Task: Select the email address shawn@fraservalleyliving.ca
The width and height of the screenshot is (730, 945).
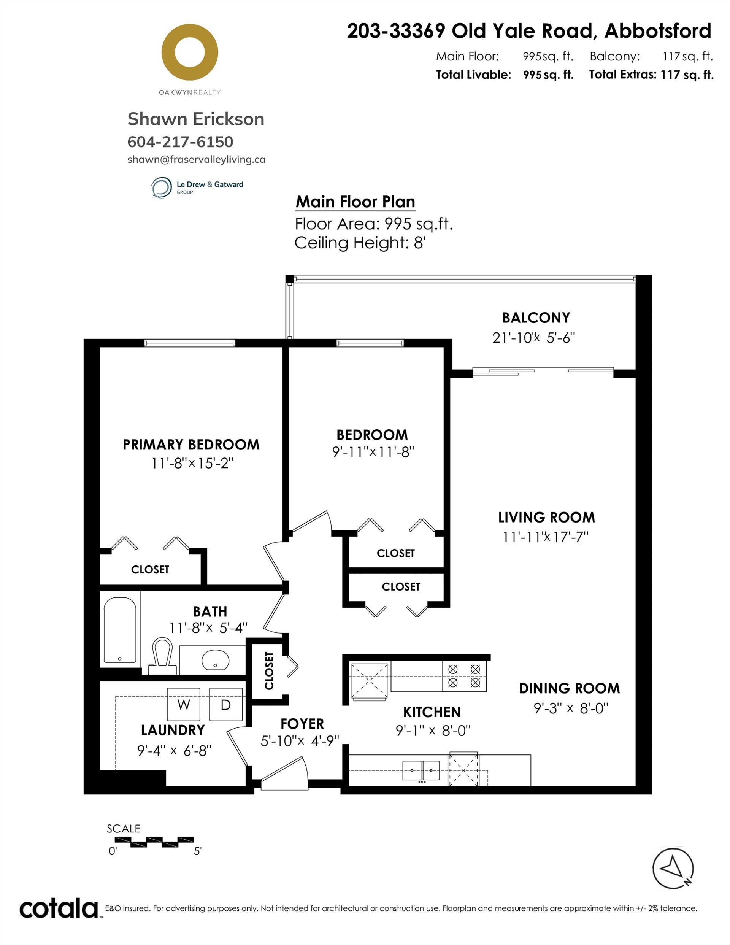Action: point(197,160)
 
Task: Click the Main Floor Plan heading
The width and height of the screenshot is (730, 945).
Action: point(355,202)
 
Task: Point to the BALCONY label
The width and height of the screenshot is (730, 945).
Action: point(536,318)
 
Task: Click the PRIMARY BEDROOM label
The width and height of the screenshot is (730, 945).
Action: point(191,445)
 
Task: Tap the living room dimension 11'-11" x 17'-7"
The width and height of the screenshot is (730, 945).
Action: point(546,537)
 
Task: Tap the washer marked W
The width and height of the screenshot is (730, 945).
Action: point(184,704)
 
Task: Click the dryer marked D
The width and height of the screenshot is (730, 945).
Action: point(226,704)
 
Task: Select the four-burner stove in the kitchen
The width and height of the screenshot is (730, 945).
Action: point(464,675)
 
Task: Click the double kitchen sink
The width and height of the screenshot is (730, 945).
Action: point(421,770)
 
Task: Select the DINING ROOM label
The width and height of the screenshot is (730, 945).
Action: point(570,688)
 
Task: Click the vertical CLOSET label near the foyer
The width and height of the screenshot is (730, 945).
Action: point(269,671)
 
